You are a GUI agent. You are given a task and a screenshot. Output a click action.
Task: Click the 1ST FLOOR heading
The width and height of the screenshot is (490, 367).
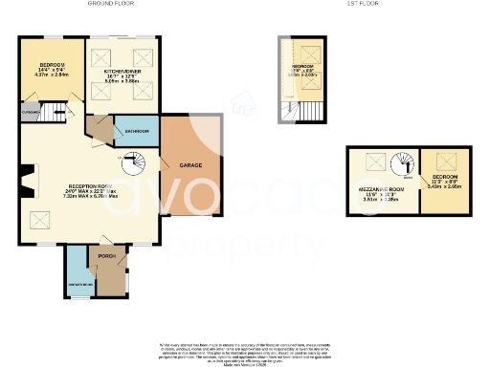[x=360, y=4]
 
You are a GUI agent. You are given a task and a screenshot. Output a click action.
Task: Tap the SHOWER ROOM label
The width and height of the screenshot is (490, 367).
[x=77, y=284]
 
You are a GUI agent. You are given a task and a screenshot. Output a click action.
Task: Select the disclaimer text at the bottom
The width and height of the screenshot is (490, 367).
[x=245, y=351]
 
